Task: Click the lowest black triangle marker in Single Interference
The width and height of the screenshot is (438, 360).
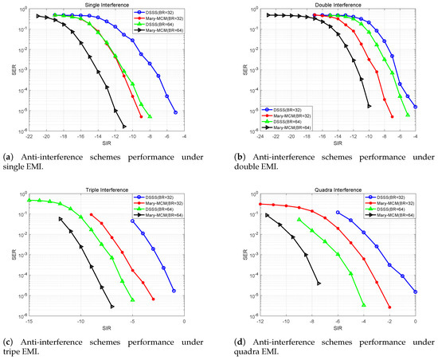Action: click(x=124, y=127)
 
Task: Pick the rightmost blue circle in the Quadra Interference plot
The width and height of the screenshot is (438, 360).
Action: click(x=416, y=292)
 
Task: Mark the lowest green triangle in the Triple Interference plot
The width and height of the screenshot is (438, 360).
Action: click(x=132, y=300)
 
